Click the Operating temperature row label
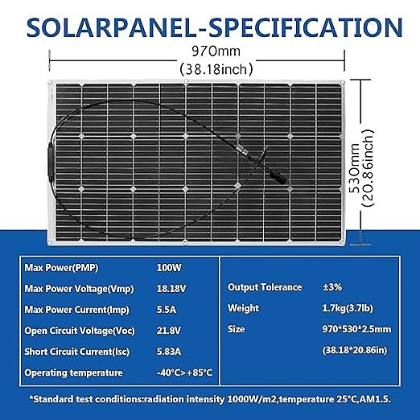point(74,373)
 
